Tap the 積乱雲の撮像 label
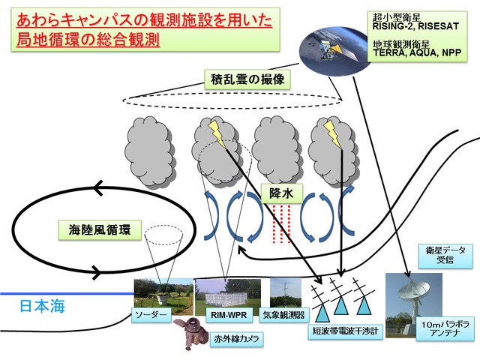click(247, 79)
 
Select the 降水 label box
click(281, 193)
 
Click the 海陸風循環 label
click(100, 229)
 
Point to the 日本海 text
click(43, 306)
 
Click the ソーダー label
click(151, 315)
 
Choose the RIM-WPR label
click(229, 315)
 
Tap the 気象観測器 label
click(283, 315)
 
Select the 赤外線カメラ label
click(237, 339)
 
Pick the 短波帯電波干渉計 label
click(345, 331)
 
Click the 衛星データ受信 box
click(445, 255)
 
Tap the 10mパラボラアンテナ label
click(445, 328)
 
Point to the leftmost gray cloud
click(150, 151)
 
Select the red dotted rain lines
click(281, 223)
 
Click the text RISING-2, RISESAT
click(415, 26)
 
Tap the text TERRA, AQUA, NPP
click(417, 52)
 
